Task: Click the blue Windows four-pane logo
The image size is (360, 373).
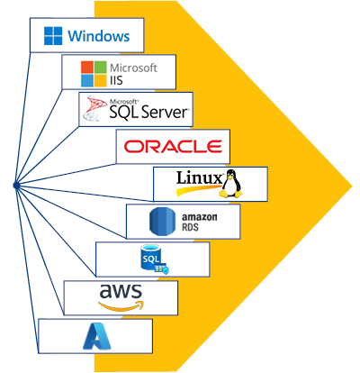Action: (53, 36)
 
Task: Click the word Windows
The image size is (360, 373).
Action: (99, 36)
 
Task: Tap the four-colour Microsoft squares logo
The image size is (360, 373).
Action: (94, 74)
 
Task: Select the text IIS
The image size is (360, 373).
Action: (116, 80)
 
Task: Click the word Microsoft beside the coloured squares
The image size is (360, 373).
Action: (133, 68)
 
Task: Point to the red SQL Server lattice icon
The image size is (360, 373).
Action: (95, 108)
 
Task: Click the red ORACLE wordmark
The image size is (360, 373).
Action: (173, 146)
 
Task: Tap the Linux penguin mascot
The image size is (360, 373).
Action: (230, 183)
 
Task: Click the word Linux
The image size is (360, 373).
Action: (199, 177)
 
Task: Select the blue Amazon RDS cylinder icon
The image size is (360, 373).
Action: (162, 222)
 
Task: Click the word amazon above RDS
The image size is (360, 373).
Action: (200, 217)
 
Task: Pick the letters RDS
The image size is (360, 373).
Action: (190, 227)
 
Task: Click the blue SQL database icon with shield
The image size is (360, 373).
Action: (155, 259)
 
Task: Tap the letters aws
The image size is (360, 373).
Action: (121, 291)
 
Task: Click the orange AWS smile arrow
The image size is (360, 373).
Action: (121, 305)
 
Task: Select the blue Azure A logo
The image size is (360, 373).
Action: (97, 336)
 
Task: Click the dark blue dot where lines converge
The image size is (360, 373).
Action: (16, 186)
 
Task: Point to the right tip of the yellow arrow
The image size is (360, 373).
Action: (352, 186)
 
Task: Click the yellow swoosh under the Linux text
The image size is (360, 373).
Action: (199, 190)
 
